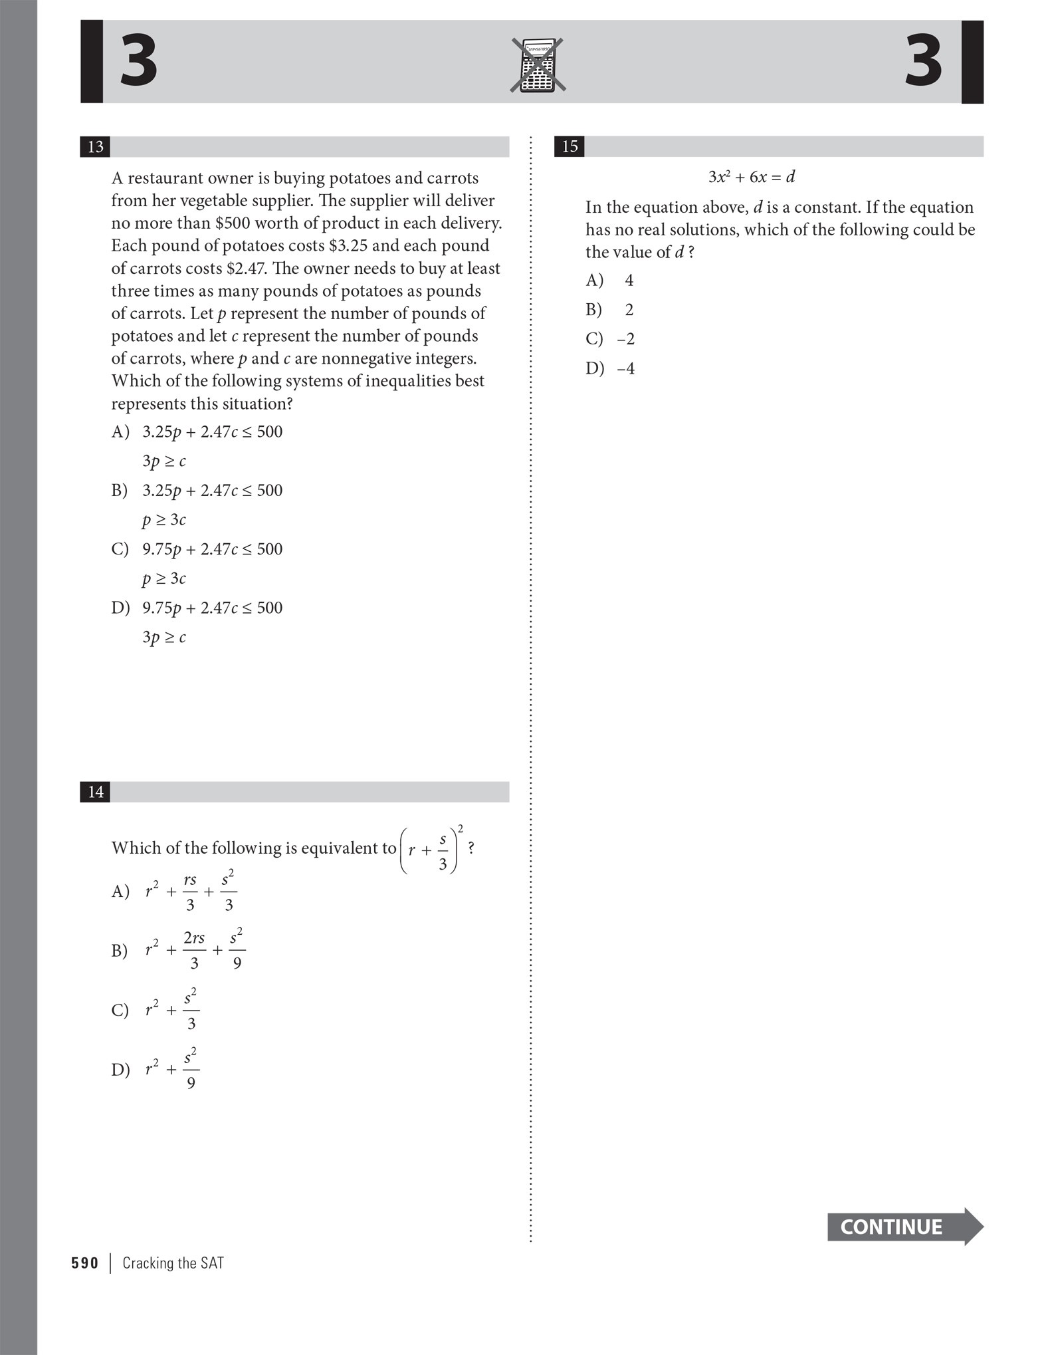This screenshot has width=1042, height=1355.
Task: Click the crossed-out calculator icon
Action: [x=538, y=64]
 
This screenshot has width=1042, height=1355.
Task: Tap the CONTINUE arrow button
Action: [x=904, y=1227]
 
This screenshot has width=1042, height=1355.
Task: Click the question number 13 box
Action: [x=95, y=146]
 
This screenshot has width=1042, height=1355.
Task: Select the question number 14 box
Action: [x=95, y=792]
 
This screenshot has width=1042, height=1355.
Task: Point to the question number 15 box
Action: [x=570, y=146]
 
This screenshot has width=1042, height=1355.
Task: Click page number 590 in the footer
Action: [x=84, y=1263]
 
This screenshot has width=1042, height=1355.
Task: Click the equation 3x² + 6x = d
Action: [x=751, y=177]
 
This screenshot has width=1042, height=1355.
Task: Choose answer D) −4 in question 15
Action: [x=610, y=368]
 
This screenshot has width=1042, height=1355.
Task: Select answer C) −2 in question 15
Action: [x=610, y=339]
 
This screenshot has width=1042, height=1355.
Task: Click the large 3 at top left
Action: [x=138, y=61]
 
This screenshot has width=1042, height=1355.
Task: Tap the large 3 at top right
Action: [x=923, y=61]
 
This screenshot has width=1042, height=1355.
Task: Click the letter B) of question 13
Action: [x=120, y=491]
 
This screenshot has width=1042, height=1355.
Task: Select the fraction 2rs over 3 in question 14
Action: [x=194, y=949]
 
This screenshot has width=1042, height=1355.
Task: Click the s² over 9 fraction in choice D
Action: [x=191, y=1069]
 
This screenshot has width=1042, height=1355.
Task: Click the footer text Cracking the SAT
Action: [x=173, y=1263]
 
